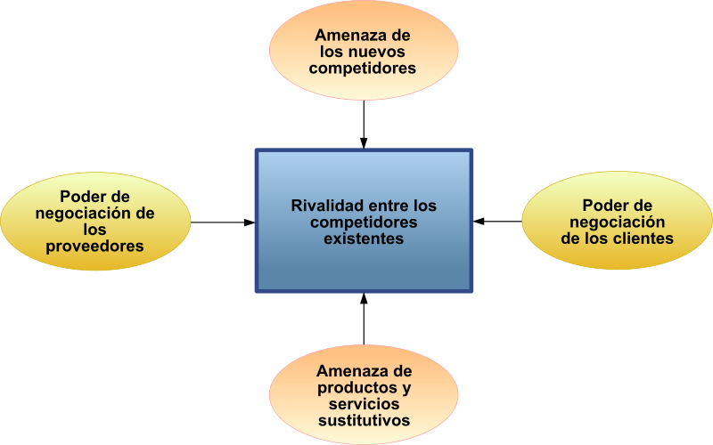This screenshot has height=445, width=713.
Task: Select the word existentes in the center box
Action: tap(364, 239)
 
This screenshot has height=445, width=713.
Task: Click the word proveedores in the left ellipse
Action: tap(94, 247)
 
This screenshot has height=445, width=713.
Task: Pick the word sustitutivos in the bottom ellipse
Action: tap(364, 420)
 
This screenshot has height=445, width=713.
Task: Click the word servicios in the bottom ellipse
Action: tap(364, 404)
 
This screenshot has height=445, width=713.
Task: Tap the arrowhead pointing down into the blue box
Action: tap(364, 142)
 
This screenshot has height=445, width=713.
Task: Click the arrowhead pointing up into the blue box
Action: tap(364, 299)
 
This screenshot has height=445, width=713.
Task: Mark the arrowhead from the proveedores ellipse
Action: tap(250, 222)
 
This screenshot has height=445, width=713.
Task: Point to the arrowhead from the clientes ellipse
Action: tap(479, 222)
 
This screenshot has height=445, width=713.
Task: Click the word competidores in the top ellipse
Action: tap(363, 69)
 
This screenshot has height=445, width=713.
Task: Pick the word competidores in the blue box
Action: tap(364, 222)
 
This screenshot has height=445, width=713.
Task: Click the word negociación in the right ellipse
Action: tap(617, 222)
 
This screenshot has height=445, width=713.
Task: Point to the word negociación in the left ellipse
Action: tap(83, 214)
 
